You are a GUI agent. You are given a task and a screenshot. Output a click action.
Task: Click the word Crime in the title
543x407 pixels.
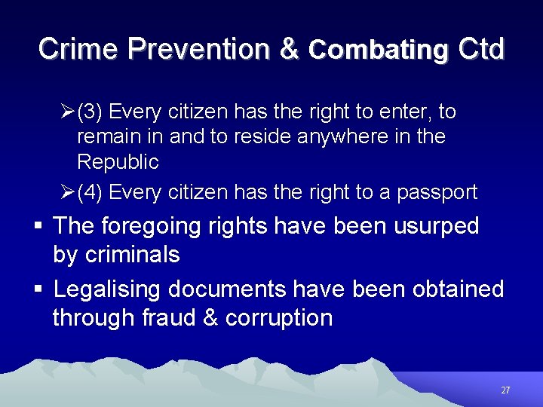pyautogui.click(x=78, y=49)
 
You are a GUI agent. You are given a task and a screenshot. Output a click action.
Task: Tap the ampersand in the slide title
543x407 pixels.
pyautogui.click(x=290, y=49)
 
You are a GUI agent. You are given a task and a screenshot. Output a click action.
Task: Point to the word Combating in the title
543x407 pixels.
pyautogui.click(x=379, y=50)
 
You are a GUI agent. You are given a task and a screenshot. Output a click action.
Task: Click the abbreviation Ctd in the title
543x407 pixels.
pyautogui.click(x=480, y=49)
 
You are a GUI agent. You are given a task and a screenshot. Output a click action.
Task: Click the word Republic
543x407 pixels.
pyautogui.click(x=118, y=162)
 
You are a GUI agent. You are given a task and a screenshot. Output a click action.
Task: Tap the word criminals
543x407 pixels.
pyautogui.click(x=132, y=255)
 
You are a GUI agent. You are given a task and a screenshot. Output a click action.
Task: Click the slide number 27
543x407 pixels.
pyautogui.click(x=505, y=390)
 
